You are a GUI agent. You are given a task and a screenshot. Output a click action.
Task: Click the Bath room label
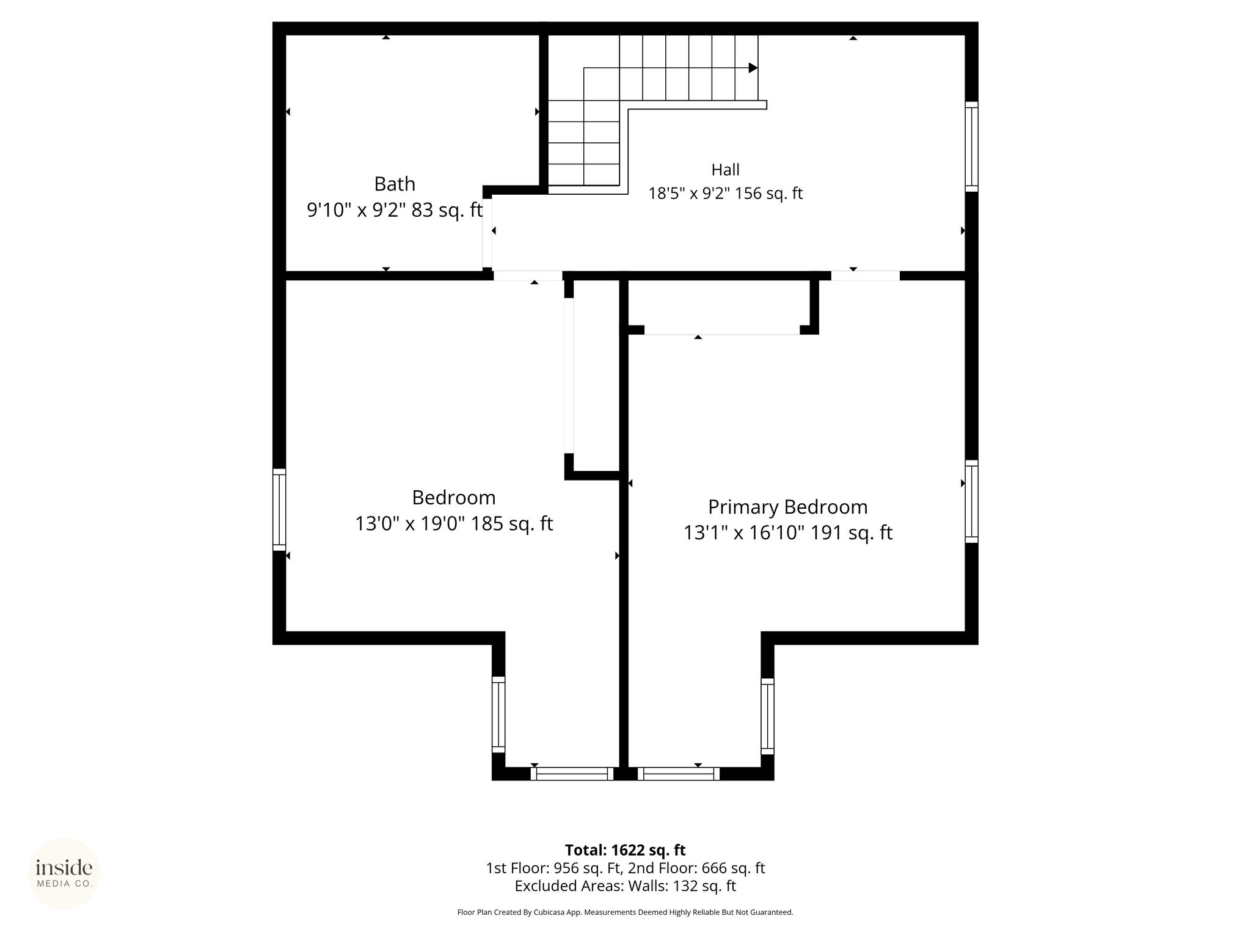point(395,184)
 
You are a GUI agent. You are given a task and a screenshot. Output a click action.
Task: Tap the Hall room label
point(725,169)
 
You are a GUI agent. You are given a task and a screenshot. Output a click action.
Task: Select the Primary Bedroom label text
point(787,507)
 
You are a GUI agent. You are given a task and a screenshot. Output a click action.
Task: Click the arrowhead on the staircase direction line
point(753,68)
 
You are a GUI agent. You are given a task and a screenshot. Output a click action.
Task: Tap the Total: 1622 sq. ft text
point(625,850)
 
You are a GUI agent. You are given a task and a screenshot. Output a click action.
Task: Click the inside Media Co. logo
point(64,873)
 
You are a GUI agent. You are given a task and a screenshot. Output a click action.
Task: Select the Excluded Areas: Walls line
point(625,886)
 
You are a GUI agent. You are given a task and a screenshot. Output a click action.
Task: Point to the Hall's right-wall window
point(971,147)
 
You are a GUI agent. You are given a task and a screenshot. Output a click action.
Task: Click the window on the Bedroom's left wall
point(279,509)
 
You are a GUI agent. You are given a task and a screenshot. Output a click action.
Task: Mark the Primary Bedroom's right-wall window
point(971,501)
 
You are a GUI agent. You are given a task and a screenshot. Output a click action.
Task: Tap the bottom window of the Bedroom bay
point(572,774)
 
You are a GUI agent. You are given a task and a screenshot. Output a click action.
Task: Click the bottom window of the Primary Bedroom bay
point(679,774)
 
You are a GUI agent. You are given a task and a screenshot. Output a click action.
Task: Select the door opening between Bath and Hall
point(487,232)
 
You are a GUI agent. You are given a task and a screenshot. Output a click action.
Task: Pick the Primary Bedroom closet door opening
point(722,330)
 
